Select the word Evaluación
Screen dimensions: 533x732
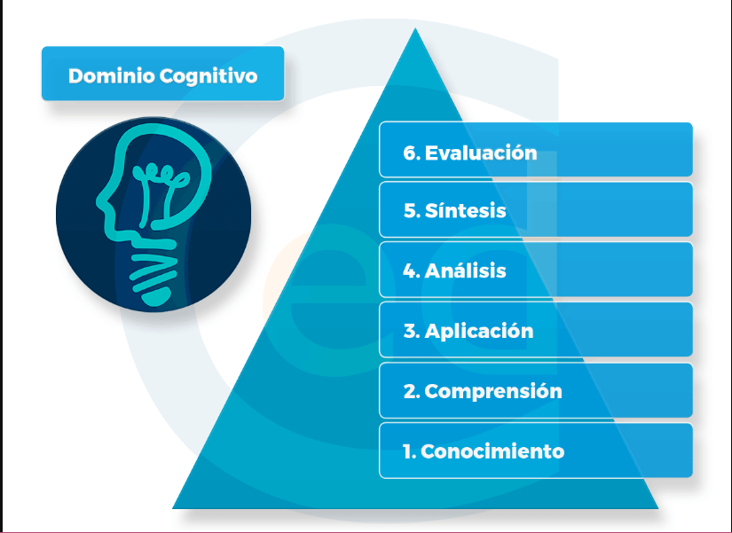click(x=481, y=153)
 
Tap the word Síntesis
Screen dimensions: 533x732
click(x=465, y=212)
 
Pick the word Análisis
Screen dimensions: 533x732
click(x=465, y=270)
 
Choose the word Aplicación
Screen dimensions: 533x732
click(x=479, y=332)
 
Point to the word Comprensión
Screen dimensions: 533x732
click(x=493, y=391)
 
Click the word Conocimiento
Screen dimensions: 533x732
click(x=492, y=451)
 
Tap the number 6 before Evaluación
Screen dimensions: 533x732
click(x=409, y=153)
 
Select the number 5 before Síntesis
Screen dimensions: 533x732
click(x=409, y=212)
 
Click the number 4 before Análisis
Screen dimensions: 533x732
click(x=409, y=271)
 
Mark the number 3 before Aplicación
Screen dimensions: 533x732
click(x=409, y=332)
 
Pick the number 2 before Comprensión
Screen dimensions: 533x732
click(x=409, y=391)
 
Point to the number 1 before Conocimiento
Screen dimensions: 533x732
click(x=407, y=451)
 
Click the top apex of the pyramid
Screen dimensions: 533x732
click(x=415, y=31)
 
